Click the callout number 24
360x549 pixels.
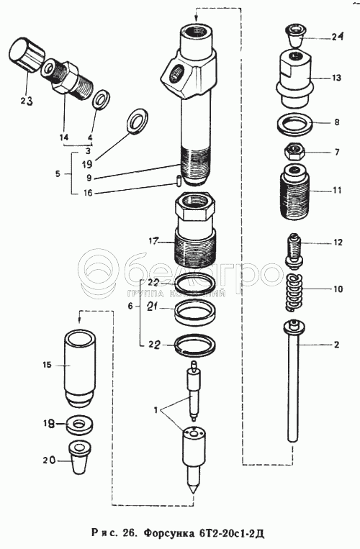tap(337, 37)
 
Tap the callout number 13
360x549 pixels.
tap(336, 78)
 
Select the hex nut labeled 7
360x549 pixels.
tap(294, 152)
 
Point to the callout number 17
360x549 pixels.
tap(153, 241)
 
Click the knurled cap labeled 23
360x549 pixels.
tap(26, 55)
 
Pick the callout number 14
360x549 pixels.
tap(64, 137)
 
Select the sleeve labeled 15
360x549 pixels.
tap(79, 368)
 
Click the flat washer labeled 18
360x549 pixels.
tap(80, 425)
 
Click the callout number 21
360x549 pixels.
tap(153, 307)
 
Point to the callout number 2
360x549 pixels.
tap(336, 345)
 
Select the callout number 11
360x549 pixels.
tap(337, 191)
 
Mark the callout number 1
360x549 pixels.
tap(156, 409)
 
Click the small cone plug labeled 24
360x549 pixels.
tap(294, 35)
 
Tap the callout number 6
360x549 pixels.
tap(130, 307)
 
